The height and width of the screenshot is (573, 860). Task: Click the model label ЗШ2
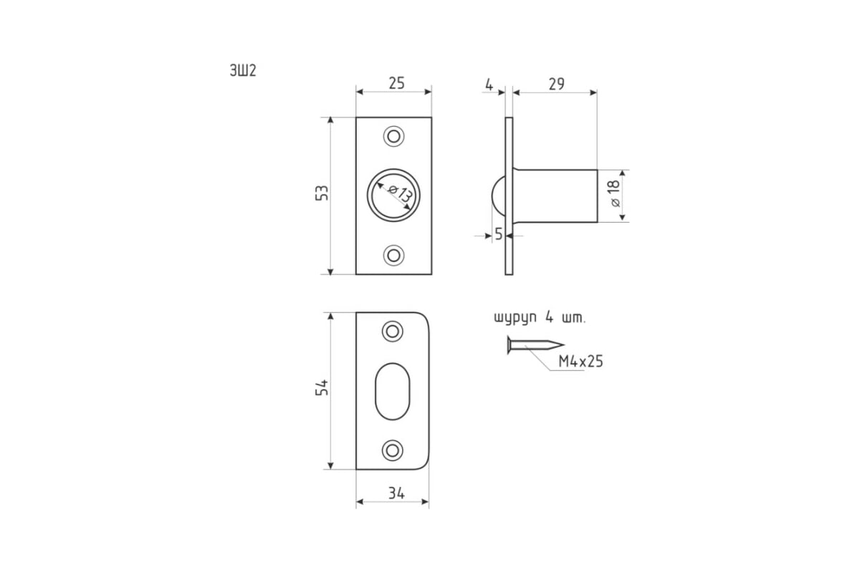tap(243, 71)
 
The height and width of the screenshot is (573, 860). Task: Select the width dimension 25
tap(396, 83)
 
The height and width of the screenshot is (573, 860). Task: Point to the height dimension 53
tap(322, 193)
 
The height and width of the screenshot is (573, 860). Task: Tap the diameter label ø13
tap(401, 193)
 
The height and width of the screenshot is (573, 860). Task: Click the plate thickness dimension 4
tap(489, 85)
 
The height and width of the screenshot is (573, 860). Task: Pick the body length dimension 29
tap(556, 84)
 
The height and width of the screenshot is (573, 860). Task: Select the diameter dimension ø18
tap(614, 193)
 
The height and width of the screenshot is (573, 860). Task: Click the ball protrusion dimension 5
tap(499, 233)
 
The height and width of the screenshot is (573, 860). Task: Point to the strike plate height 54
tap(322, 387)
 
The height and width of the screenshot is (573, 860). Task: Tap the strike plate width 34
tap(396, 493)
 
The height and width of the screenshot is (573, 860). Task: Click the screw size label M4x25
tap(580, 362)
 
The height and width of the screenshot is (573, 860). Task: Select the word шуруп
tap(515, 319)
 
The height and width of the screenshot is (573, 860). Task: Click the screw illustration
tap(535, 345)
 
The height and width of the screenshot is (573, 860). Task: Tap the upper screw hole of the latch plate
tap(394, 136)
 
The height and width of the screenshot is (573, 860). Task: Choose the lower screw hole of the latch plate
tap(394, 255)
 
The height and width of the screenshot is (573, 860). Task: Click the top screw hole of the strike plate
tap(393, 331)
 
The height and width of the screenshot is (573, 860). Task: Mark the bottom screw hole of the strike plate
tap(393, 451)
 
